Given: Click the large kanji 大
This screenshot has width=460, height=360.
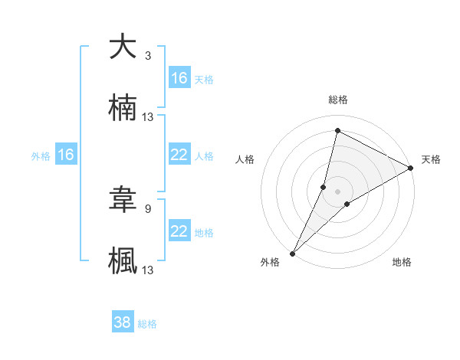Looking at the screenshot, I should (123, 47).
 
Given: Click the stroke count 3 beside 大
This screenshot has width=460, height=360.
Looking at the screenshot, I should (148, 55).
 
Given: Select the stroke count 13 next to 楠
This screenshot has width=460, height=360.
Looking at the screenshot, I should (148, 117).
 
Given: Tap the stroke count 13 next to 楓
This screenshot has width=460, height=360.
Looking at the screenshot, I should (148, 270).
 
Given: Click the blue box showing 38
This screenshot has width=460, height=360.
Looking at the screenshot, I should (123, 322).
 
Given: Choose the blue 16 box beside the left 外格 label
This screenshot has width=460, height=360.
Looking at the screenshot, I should (66, 155).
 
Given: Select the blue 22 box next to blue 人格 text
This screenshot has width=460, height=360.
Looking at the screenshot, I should (179, 155).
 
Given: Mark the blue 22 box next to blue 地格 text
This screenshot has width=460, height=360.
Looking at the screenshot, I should (179, 231).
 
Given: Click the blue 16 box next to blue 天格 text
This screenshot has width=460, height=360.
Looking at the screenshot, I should (179, 78).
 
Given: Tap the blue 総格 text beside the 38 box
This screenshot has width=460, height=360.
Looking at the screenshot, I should (147, 324).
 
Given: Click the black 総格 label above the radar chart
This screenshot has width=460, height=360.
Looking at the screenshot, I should (338, 100).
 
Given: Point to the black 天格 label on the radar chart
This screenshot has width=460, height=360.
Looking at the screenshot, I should (431, 159).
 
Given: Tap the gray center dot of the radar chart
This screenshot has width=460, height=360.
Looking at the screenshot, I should (338, 191).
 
